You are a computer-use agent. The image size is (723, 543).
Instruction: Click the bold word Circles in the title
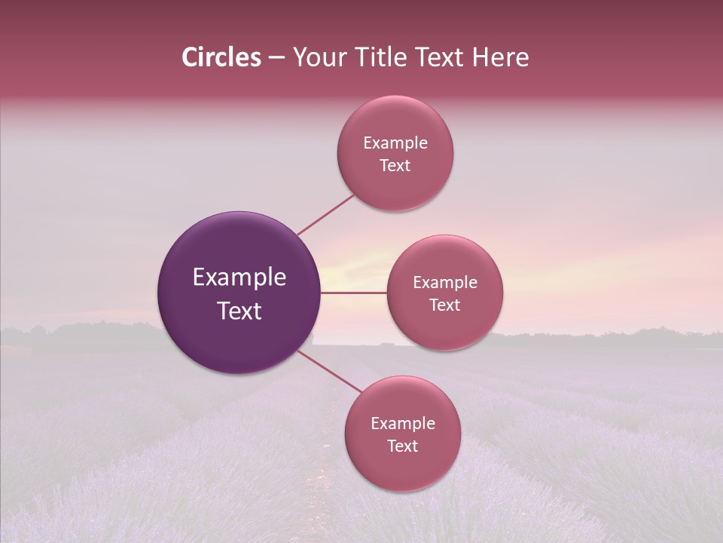pyautogui.click(x=221, y=57)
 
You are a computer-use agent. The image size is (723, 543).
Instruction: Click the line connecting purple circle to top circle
pyautogui.click(x=326, y=214)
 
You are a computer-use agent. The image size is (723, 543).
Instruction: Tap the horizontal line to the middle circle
pyautogui.click(x=353, y=293)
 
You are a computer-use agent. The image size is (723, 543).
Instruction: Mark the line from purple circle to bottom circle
pyautogui.click(x=329, y=372)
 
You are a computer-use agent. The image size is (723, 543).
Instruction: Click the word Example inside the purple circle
pyautogui.click(x=239, y=278)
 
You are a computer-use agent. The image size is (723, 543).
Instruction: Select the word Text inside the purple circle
pyautogui.click(x=239, y=311)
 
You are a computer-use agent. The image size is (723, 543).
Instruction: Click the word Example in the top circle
pyautogui.click(x=395, y=143)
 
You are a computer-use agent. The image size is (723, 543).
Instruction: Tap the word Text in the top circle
pyautogui.click(x=395, y=166)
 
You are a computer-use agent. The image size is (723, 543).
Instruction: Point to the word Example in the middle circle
pyautogui.click(x=445, y=283)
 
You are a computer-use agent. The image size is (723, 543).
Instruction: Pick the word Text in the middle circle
pyautogui.click(x=445, y=305)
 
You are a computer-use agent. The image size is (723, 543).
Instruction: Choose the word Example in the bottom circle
pyautogui.click(x=403, y=424)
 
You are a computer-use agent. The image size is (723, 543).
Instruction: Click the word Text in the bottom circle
pyautogui.click(x=403, y=446)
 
